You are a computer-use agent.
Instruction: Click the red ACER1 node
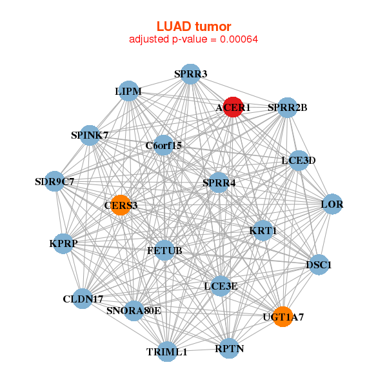click(x=232, y=107)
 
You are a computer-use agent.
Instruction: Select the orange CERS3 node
click(x=121, y=206)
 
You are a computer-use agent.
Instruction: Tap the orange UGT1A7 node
click(x=283, y=317)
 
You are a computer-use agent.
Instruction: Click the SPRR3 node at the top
click(x=190, y=74)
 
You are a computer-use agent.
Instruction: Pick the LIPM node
click(x=128, y=92)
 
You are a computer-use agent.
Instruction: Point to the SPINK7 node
click(x=90, y=135)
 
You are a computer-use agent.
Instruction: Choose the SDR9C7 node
click(x=55, y=182)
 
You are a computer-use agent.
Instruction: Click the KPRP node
click(x=63, y=243)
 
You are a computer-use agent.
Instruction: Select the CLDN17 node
click(x=83, y=299)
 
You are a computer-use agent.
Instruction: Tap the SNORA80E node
click(x=134, y=311)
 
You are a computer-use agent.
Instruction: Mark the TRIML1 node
click(x=167, y=352)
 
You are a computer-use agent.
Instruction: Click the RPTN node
click(x=229, y=349)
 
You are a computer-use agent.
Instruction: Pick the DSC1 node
click(x=319, y=264)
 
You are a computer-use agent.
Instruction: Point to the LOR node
click(x=332, y=205)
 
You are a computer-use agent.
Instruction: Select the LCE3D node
click(x=298, y=160)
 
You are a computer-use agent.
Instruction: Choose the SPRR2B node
click(x=287, y=107)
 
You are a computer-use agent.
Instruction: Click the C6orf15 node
click(x=164, y=145)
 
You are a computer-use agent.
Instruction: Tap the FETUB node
click(x=164, y=250)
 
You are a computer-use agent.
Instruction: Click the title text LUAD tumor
click(x=193, y=26)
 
